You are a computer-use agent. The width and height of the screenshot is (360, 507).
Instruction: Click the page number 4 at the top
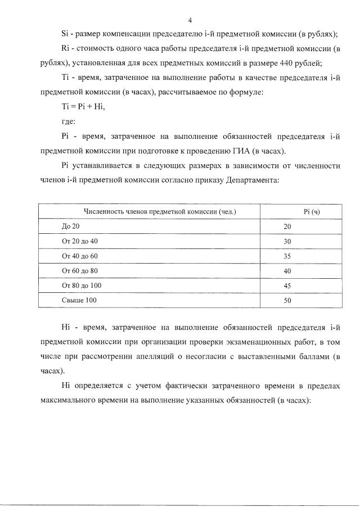point(190,21)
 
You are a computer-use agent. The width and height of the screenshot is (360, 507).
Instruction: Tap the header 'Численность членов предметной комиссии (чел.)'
point(160,211)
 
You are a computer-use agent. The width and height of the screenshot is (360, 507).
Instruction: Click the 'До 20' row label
point(71,227)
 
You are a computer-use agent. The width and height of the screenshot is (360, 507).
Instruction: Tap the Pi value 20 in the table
point(287,227)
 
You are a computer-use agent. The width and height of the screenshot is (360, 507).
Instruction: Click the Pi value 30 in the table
point(287,241)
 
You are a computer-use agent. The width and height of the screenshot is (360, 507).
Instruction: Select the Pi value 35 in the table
point(287,256)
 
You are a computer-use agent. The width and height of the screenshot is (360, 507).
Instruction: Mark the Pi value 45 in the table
point(287,286)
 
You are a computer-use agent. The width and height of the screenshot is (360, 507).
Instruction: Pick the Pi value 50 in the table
point(287,301)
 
